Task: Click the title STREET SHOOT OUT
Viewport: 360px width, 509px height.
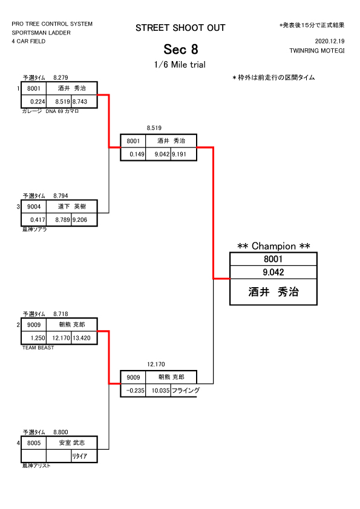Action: (x=180, y=28)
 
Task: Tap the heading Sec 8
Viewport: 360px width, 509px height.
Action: (x=181, y=50)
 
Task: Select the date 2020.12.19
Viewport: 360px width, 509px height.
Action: (x=330, y=41)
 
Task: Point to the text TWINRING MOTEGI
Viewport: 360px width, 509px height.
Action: (x=317, y=51)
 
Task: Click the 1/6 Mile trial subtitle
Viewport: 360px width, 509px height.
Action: (x=180, y=65)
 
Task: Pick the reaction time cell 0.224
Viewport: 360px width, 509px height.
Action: (x=34, y=102)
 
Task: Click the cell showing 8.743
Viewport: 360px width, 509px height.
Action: (x=84, y=102)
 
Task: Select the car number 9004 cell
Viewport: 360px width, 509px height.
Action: (x=34, y=207)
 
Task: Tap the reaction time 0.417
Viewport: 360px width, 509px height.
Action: (x=34, y=220)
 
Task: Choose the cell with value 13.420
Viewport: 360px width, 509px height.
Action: (x=84, y=338)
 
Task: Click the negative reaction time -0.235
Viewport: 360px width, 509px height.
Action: (x=133, y=391)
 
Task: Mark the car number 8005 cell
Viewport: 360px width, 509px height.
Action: (x=34, y=443)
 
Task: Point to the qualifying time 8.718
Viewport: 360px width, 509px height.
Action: (x=61, y=314)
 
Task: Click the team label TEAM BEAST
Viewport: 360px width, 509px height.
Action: (x=38, y=348)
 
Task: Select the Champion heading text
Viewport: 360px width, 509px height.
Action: (x=273, y=246)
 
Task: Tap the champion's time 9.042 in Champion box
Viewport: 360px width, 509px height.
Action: (x=273, y=272)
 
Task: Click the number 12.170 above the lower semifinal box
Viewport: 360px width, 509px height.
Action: (x=156, y=365)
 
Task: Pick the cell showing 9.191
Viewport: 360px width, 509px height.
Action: (x=183, y=154)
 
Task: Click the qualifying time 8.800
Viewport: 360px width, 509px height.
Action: (x=61, y=432)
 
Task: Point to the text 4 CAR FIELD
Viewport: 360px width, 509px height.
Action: (x=28, y=41)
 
